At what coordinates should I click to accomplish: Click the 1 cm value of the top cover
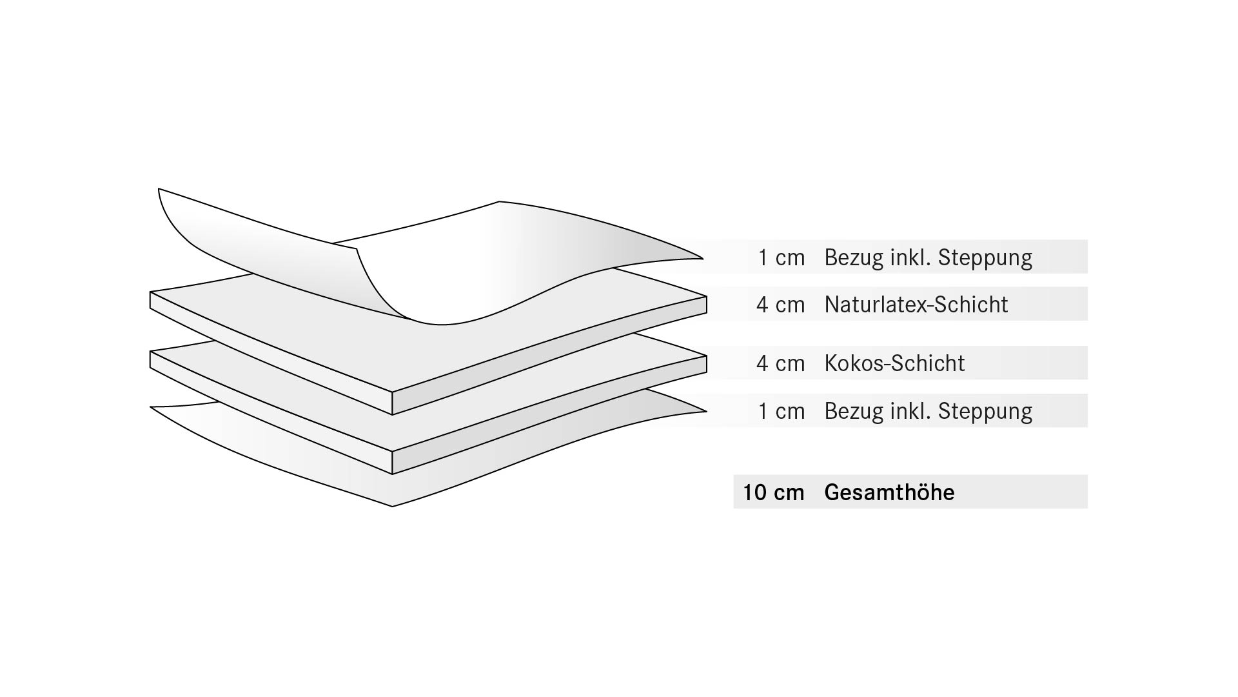point(781,258)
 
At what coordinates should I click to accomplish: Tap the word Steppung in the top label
point(985,258)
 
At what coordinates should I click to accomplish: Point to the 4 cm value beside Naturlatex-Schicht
point(780,305)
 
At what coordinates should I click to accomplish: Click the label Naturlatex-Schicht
point(916,305)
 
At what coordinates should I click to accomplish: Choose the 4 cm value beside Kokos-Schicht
point(780,363)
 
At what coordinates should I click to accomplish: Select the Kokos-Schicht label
point(894,363)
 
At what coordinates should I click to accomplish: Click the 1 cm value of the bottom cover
point(781,411)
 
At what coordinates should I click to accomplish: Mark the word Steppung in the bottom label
point(985,411)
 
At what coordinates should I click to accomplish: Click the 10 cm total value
point(773,492)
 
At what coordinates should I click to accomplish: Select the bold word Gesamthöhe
point(889,492)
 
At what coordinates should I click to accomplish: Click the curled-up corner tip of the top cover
point(159,190)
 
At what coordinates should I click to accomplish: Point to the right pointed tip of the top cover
point(702,259)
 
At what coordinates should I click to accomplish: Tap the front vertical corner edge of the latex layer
point(393,403)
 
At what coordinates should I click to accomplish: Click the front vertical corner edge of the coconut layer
point(393,463)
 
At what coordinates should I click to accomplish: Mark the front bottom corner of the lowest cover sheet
point(393,505)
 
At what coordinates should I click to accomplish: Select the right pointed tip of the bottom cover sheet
point(705,411)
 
